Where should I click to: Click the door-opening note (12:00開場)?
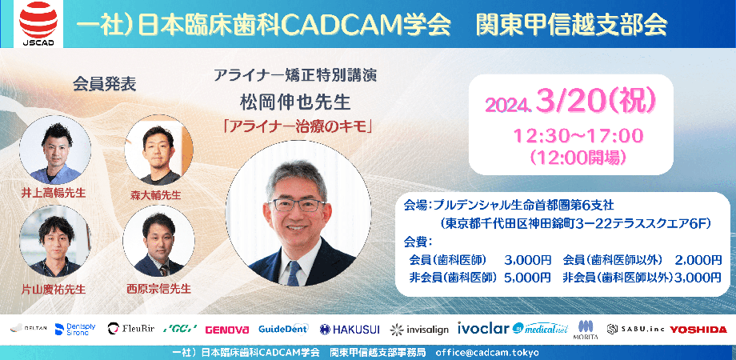click(x=571, y=156)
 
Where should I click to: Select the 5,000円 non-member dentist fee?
click(x=526, y=278)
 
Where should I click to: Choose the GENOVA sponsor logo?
click(x=227, y=329)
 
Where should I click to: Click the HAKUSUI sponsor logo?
click(x=351, y=329)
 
